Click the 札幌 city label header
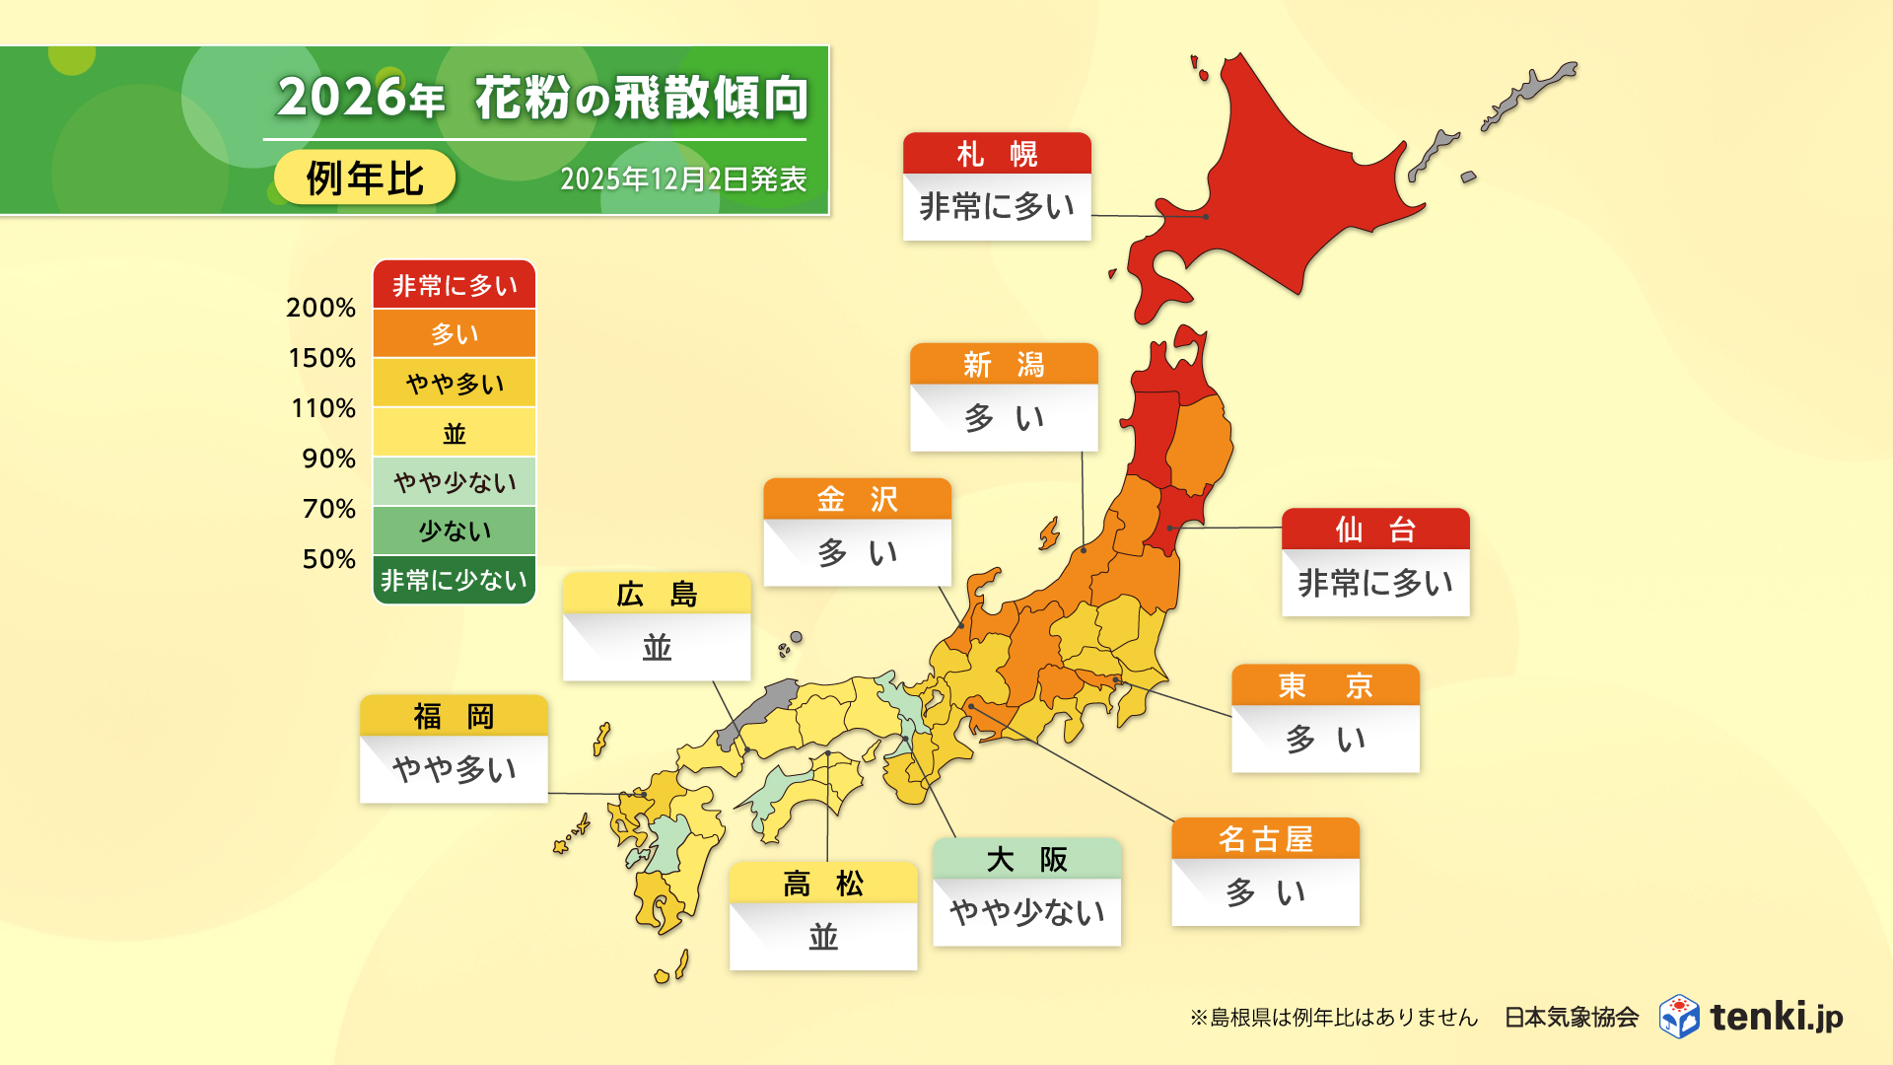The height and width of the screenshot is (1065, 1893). pos(997,154)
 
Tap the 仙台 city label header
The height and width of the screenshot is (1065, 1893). pos(1375,530)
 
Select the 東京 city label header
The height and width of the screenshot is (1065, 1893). pos(1325,685)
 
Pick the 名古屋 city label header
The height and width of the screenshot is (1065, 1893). pos(1265,839)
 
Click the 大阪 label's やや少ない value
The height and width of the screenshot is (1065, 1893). pos(1026,912)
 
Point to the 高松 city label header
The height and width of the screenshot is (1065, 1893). pos(823,884)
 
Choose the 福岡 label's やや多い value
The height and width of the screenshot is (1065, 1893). pos(454,769)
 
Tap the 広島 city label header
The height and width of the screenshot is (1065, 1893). pos(657,595)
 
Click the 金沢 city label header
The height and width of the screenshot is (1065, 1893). pos(857,500)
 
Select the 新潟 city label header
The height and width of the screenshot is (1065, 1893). pos(1004,365)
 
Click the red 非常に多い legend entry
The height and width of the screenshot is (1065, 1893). pos(455,285)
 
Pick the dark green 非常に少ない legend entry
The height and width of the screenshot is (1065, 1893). pos(455,580)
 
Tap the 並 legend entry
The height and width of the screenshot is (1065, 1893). pos(455,433)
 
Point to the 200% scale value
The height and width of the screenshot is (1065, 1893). pos(320,308)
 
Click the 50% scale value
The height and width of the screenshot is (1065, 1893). pos(328,559)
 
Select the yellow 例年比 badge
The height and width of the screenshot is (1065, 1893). pos(365,178)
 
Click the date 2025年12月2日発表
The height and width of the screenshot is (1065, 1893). pos(683,179)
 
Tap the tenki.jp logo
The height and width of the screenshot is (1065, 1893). pos(1751,1017)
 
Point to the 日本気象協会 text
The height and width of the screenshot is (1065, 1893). pos(1571,1017)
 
